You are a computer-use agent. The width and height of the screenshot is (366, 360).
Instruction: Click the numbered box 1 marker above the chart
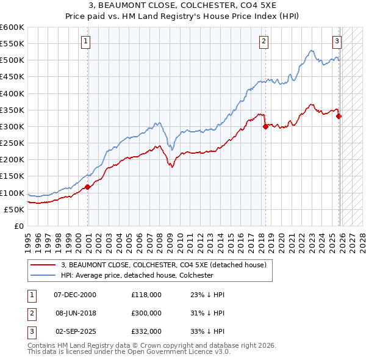pyautogui.click(x=85, y=41)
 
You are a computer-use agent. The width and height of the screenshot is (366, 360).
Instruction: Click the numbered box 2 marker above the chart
pyautogui.click(x=264, y=41)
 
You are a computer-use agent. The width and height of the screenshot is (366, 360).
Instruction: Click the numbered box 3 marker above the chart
pyautogui.click(x=337, y=41)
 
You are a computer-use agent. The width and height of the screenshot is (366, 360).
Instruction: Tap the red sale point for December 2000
pyautogui.click(x=87, y=187)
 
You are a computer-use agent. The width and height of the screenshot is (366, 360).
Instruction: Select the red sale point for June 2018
pyautogui.click(x=265, y=127)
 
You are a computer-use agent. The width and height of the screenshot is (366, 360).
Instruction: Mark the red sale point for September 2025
pyautogui.click(x=339, y=116)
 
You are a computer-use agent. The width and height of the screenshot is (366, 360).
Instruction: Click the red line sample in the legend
pyautogui.click(x=43, y=265)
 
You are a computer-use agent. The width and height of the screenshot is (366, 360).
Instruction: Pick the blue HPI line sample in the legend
pyautogui.click(x=43, y=276)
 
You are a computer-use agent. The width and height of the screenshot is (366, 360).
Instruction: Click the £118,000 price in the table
pyautogui.click(x=146, y=295)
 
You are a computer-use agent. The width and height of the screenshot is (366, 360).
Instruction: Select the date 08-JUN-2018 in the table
pyautogui.click(x=75, y=312)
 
